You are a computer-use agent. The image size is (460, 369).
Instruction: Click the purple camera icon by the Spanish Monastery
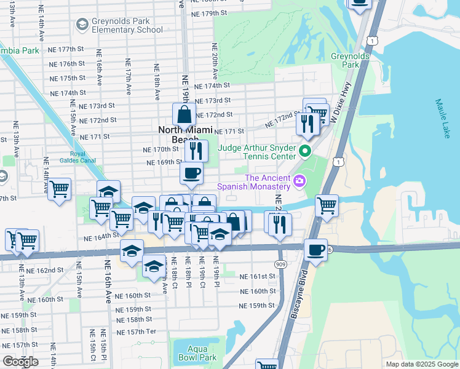pyautogui.click(x=299, y=180)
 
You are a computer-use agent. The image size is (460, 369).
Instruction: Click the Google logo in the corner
pyautogui.click(x=20, y=362)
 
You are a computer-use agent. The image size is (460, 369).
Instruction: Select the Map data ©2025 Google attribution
pyautogui.click(x=422, y=364)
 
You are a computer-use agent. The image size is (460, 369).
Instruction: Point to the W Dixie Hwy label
pyautogui.click(x=342, y=101)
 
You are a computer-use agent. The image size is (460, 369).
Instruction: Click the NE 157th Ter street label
pyautogui.click(x=137, y=331)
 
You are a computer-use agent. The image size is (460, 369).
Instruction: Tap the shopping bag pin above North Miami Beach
pyautogui.click(x=184, y=114)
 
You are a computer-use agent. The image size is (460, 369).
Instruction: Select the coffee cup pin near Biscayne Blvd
pyautogui.click(x=315, y=250)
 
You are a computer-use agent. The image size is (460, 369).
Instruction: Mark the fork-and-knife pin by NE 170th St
pyautogui.click(x=196, y=151)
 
